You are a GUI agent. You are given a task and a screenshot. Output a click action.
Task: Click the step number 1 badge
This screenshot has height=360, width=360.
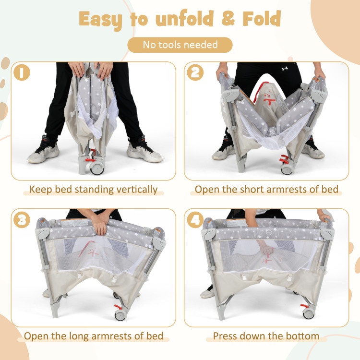pos(22,72)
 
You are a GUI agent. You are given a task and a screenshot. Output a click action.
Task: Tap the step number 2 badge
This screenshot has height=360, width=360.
pos(195,72)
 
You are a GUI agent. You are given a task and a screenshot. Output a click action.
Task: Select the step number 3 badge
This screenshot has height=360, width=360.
pos(22,220)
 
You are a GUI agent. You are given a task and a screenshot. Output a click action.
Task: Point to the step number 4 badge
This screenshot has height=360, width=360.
pos(195,220)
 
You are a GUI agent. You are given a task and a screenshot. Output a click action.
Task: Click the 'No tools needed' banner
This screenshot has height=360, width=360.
pos(180,45)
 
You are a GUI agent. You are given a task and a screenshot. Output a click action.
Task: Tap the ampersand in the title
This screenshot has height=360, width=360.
pos(228,18)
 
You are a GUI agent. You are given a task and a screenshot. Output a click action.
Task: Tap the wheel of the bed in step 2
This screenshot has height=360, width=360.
pos(287,169)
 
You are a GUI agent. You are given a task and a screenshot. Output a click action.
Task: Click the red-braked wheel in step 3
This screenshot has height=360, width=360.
pos(120,315)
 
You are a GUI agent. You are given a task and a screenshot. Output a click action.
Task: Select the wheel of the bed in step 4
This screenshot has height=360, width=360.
pos(309,313)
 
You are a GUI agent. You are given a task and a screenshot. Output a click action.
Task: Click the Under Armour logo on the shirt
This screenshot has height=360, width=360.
pos(285,69)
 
